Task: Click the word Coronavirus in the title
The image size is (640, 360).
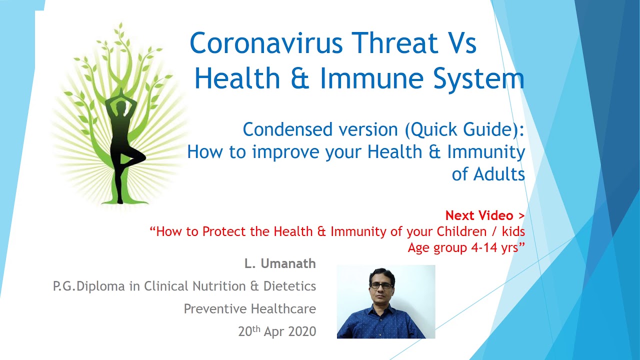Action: tap(266, 43)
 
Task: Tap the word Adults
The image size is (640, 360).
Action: tap(499, 174)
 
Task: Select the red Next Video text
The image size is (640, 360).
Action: tap(485, 215)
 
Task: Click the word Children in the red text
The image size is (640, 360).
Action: tap(461, 231)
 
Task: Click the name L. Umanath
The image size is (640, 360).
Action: tap(280, 263)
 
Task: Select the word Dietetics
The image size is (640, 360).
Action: tap(289, 286)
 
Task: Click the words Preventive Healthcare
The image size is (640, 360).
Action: tap(249, 309)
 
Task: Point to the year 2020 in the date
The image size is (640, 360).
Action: tap(302, 331)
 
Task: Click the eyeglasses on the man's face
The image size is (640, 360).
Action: tap(381, 285)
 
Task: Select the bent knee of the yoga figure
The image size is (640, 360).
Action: tap(142, 157)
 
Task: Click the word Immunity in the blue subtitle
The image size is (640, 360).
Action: tap(486, 152)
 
